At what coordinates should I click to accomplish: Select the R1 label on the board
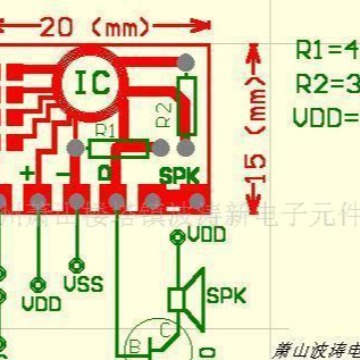[x=106, y=131]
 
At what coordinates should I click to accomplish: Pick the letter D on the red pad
[x=104, y=176]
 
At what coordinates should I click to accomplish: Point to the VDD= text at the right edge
[x=326, y=117]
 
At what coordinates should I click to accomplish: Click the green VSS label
[x=83, y=284]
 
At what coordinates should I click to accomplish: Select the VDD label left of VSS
[x=41, y=300]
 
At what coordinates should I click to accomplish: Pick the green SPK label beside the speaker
[x=225, y=296]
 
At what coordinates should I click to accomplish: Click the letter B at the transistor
[x=133, y=346]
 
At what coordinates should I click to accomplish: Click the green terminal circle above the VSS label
[x=73, y=265]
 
